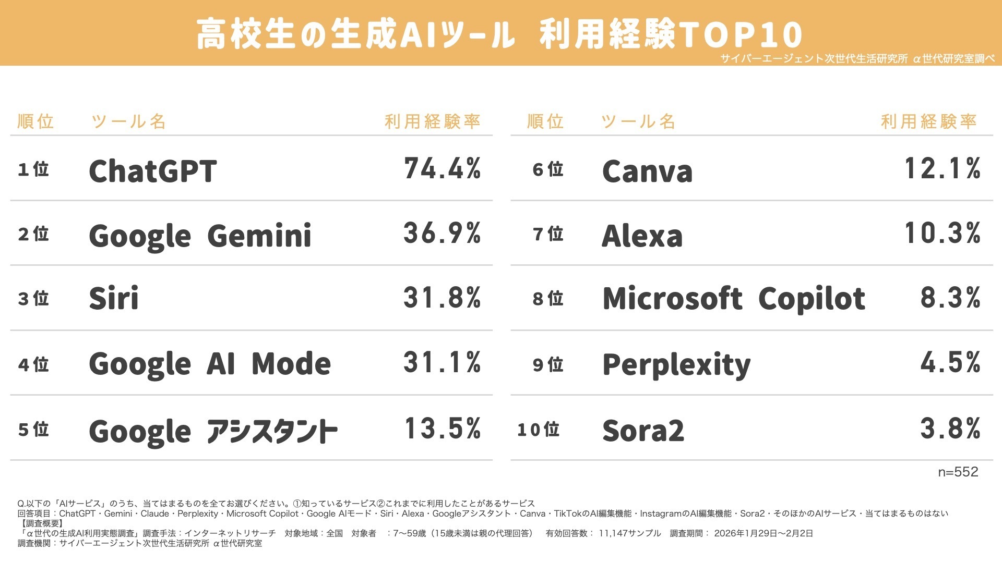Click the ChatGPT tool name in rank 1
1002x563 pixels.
(x=152, y=171)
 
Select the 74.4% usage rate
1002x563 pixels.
(x=442, y=169)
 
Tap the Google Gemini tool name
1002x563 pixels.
(x=200, y=236)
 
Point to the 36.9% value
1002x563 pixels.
(x=442, y=233)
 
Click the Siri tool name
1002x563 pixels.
(x=114, y=298)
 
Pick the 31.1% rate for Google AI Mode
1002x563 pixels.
(x=442, y=362)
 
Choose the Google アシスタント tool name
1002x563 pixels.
(x=213, y=432)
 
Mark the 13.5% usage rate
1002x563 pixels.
(x=443, y=429)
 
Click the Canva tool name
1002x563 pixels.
(x=647, y=172)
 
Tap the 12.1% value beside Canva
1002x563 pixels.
(x=943, y=169)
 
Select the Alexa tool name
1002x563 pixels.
(x=642, y=236)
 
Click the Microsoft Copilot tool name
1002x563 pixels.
(x=734, y=299)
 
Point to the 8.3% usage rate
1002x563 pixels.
(x=950, y=298)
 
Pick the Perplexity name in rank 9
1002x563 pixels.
(x=676, y=364)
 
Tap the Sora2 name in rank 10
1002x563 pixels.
(x=643, y=431)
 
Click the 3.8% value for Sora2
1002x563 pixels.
(x=950, y=429)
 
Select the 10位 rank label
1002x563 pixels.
(x=538, y=430)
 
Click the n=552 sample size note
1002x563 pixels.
(x=958, y=472)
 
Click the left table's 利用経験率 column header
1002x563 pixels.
(x=432, y=121)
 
